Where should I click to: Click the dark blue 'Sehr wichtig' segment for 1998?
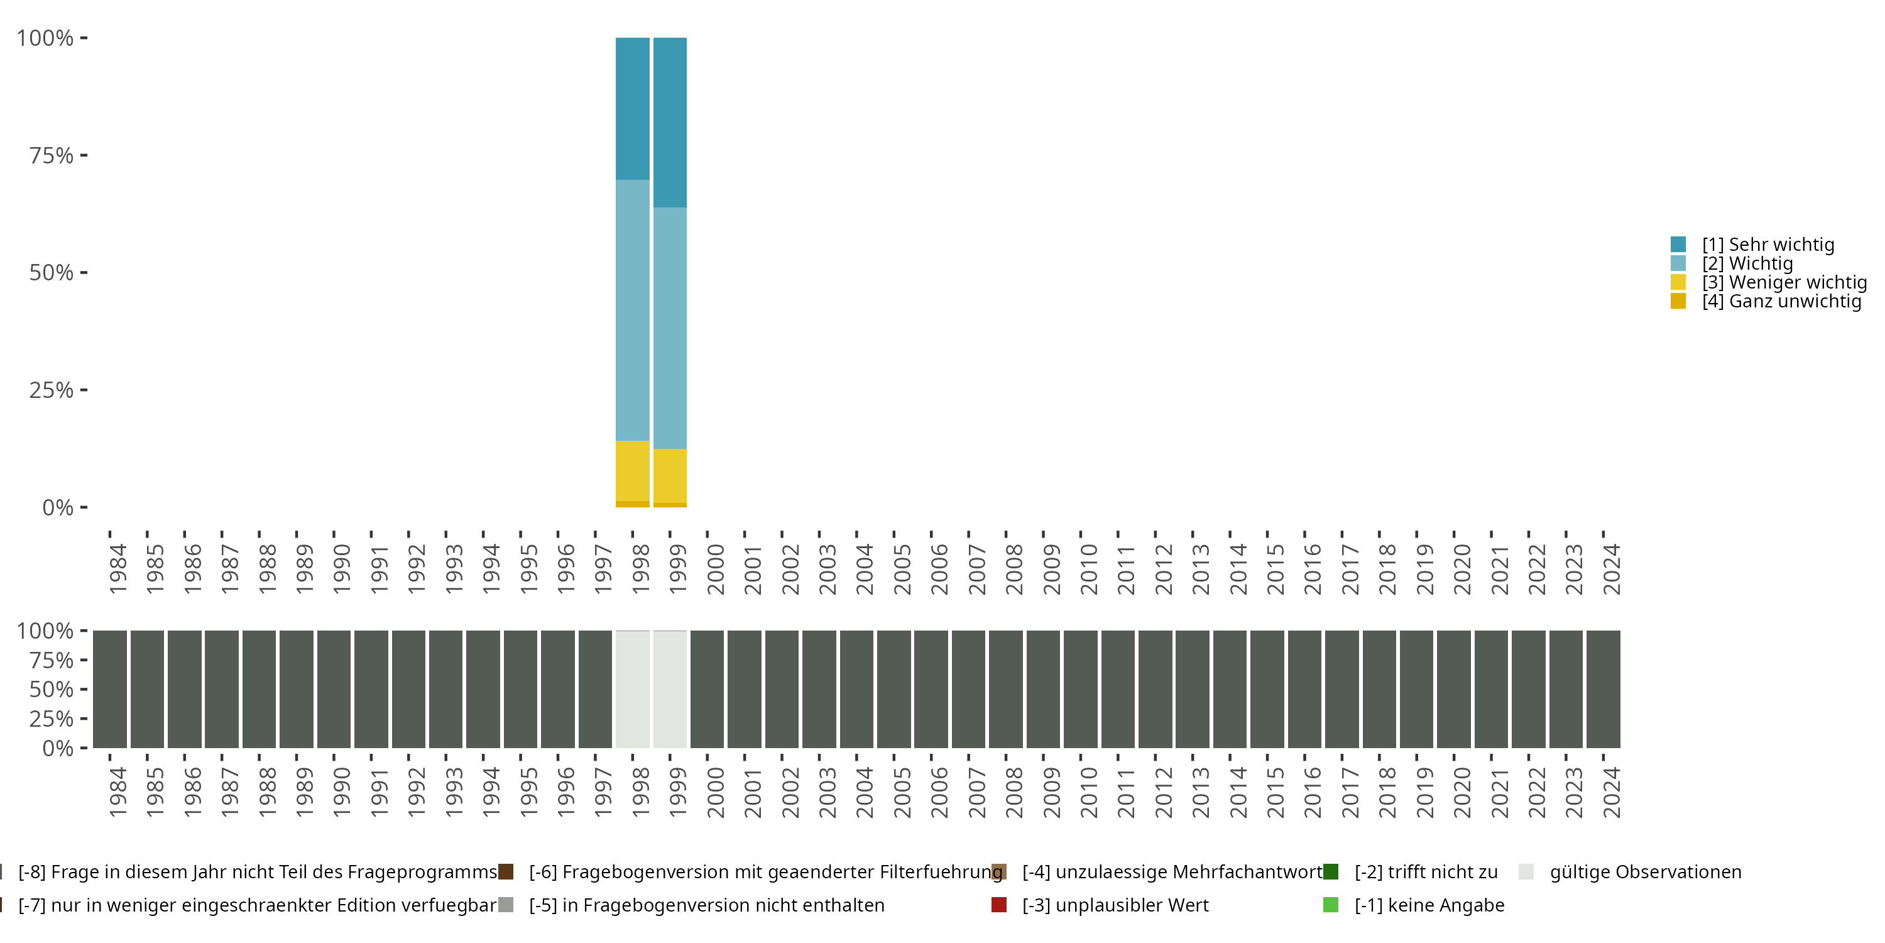click(632, 108)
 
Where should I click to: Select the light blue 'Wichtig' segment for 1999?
click(670, 328)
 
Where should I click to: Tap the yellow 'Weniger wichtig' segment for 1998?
click(632, 470)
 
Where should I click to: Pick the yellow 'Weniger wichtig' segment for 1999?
click(670, 475)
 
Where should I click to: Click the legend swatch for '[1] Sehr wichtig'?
click(1678, 245)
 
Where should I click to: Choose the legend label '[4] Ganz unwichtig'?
click(1781, 301)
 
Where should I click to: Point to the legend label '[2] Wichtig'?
click(1747, 263)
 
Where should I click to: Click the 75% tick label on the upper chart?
click(52, 155)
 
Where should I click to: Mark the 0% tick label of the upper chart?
click(58, 507)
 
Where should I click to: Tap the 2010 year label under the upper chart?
click(1088, 569)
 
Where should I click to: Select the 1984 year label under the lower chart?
click(117, 792)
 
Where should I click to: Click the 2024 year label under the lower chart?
click(1610, 792)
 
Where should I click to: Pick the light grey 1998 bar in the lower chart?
click(632, 689)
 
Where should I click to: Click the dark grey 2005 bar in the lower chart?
click(893, 689)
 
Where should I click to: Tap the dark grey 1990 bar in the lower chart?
click(334, 689)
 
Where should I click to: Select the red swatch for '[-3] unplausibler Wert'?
click(998, 905)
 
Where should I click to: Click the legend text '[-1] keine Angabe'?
click(1429, 905)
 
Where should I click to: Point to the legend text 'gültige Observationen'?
click(1645, 872)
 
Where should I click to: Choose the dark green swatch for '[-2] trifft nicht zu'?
click(1330, 872)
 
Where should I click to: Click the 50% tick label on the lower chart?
click(52, 690)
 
